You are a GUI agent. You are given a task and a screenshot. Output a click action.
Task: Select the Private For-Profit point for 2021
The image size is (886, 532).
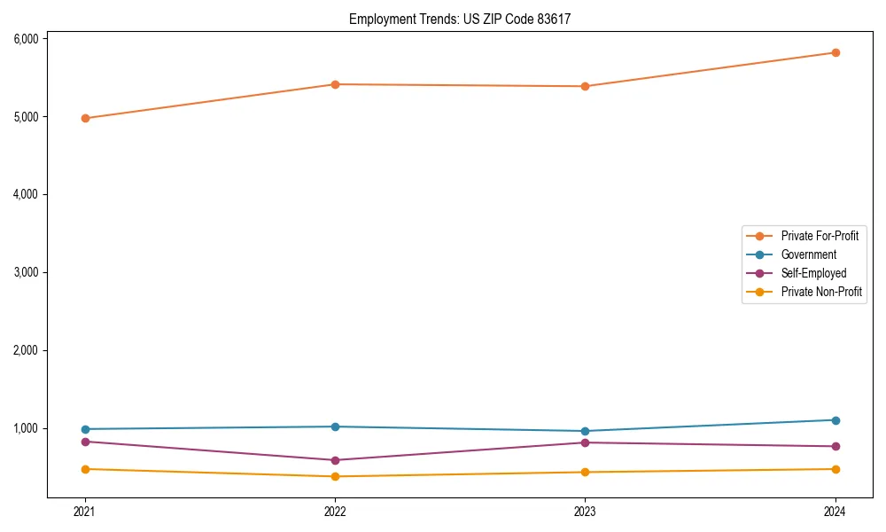point(85,118)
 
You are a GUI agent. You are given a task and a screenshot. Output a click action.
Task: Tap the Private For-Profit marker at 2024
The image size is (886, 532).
point(835,52)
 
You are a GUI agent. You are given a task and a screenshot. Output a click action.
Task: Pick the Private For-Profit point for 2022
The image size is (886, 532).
point(335,84)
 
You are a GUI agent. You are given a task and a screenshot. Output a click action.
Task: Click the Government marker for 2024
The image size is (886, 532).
point(835,420)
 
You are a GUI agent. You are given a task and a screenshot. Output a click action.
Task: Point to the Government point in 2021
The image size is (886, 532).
point(85,429)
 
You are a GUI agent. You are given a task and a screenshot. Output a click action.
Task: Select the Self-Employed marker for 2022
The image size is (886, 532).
point(335,460)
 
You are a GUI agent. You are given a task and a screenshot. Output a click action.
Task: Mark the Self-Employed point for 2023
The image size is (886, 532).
point(586,442)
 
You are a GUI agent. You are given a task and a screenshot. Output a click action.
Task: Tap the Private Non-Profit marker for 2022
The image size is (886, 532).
point(335,476)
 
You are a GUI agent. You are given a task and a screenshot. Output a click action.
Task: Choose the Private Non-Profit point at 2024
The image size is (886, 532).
point(835,469)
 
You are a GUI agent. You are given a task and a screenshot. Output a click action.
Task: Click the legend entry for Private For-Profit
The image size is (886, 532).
point(820,236)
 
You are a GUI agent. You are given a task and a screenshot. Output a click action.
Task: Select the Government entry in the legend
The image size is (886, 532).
point(808,254)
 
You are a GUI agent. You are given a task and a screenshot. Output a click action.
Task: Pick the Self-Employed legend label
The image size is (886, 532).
point(813,273)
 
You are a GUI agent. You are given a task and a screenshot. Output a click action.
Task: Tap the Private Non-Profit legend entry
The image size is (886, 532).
point(821,292)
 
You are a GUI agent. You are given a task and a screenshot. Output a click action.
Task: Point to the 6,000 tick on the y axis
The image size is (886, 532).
point(26,39)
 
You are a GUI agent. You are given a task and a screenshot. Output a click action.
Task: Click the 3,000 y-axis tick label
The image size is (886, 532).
point(26,272)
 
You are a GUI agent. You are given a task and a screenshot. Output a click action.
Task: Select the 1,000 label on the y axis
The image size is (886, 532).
point(26,428)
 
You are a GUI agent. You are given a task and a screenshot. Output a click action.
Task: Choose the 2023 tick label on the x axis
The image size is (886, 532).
point(586,511)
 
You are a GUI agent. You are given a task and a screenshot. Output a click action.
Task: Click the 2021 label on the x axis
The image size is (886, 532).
point(85,511)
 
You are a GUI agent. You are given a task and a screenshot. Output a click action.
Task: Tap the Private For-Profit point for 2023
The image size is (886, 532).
point(586,86)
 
